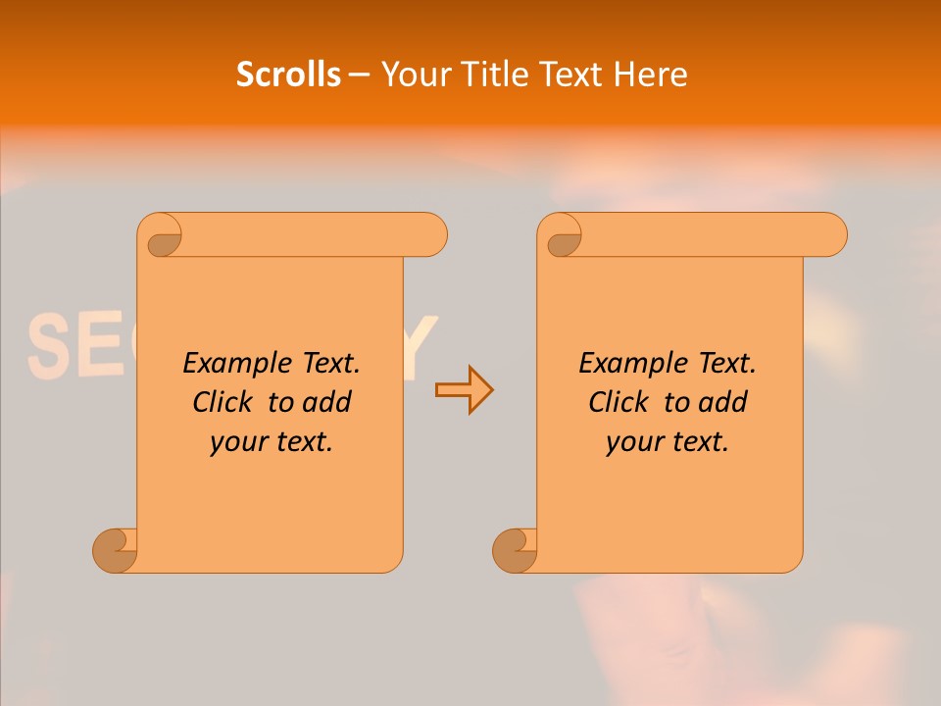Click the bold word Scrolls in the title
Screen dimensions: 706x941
click(x=288, y=75)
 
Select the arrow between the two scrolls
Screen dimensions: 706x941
click(x=464, y=390)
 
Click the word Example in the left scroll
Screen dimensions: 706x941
click(x=226, y=364)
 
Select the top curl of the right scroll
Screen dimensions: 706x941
click(x=562, y=236)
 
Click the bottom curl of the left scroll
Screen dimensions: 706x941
click(x=115, y=550)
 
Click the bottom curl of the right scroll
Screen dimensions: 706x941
click(x=515, y=550)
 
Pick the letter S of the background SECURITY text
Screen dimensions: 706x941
click(x=47, y=347)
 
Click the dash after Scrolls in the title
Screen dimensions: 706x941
click(x=359, y=76)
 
